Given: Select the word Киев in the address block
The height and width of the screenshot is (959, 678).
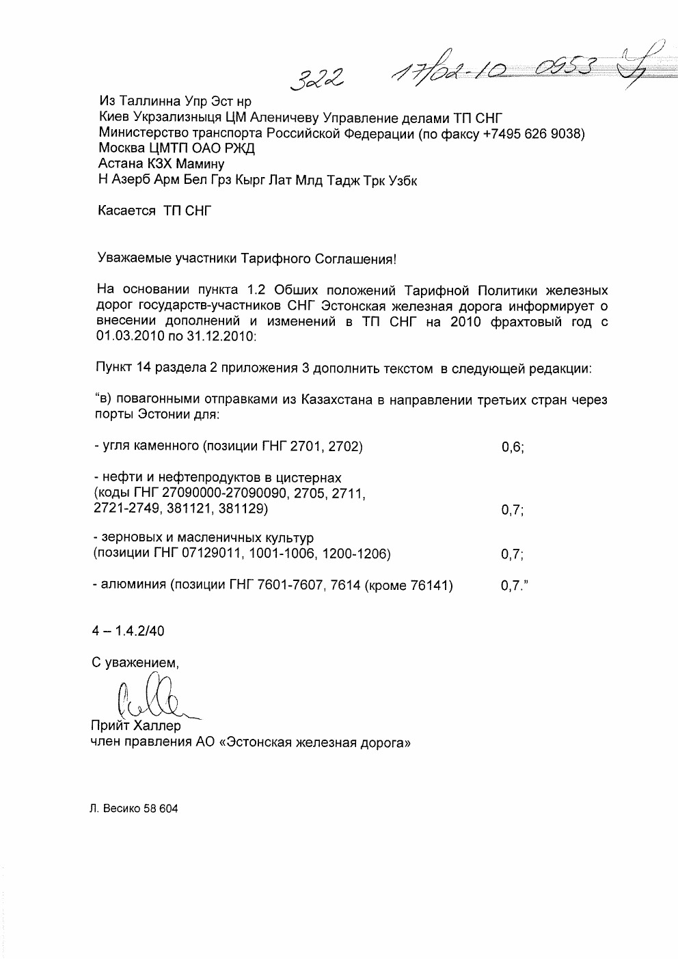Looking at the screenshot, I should coord(114,118).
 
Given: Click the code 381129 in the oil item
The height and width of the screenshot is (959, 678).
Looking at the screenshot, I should coord(242,509).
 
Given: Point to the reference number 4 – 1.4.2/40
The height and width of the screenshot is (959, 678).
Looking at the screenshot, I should coord(128,632).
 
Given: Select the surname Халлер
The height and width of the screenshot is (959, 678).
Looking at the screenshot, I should coord(158,725).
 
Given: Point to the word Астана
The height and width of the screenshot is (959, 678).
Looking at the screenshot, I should coord(120,165).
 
